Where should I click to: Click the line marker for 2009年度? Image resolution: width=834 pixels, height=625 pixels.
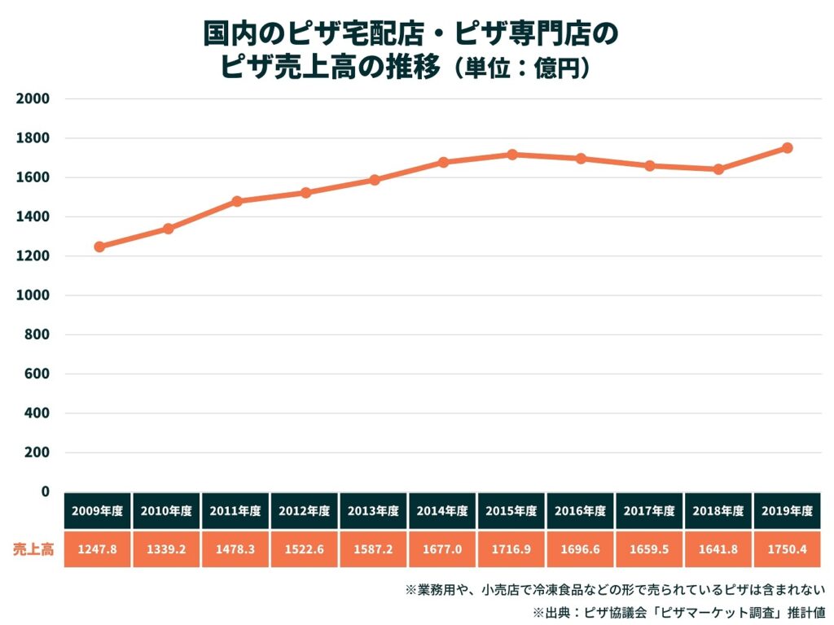[x=99, y=247]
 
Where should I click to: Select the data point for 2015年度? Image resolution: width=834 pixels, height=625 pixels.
[x=512, y=155]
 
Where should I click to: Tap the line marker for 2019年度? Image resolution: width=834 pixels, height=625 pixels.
[x=788, y=148]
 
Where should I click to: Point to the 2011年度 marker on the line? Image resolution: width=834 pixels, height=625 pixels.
[x=237, y=202]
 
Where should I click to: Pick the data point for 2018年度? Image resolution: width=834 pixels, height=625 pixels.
[x=718, y=169]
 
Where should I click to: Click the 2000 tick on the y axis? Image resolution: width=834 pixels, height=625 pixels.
[x=33, y=98]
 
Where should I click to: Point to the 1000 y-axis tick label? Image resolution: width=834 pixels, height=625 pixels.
[x=33, y=295]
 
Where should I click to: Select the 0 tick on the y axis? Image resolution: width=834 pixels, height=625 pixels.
[x=46, y=492]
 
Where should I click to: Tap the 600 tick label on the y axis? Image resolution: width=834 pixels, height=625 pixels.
[x=37, y=374]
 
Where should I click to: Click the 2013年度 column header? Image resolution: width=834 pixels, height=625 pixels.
[x=373, y=511]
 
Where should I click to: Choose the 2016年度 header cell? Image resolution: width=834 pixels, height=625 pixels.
[x=580, y=511]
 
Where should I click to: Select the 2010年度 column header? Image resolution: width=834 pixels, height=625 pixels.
[x=166, y=511]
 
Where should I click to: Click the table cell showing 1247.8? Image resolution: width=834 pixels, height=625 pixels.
[x=98, y=549]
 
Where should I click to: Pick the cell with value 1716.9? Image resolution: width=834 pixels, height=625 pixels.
[x=511, y=549]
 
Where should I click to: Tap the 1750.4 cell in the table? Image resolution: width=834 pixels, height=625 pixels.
[x=788, y=549]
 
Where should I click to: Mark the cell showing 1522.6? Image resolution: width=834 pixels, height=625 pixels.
[x=305, y=549]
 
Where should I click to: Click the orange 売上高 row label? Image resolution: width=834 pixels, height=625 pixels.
[x=33, y=549]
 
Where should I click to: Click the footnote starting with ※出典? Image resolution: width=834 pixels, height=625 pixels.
[x=679, y=612]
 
